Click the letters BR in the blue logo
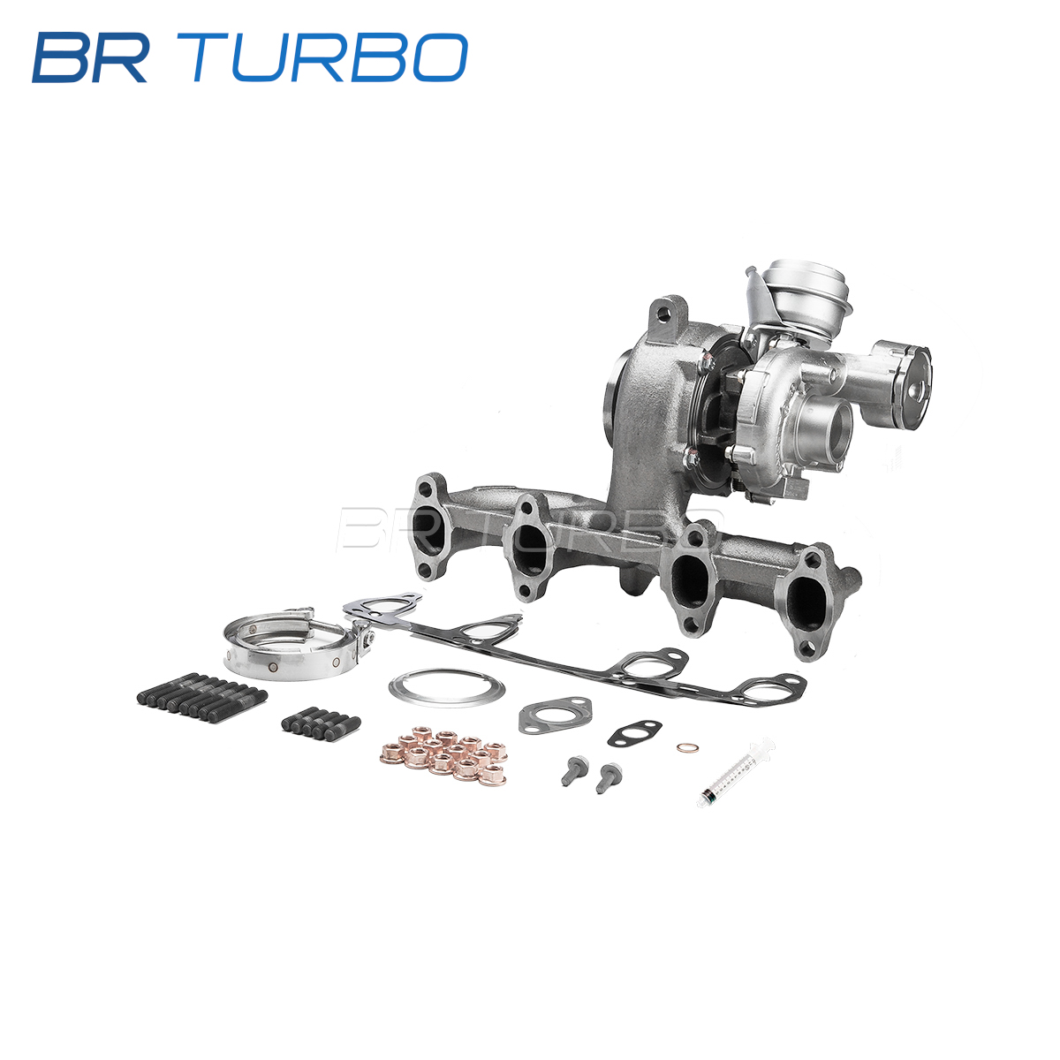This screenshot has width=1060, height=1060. coord(90,57)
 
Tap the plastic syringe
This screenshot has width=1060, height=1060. coord(736,772)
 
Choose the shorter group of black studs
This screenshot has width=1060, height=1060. coord(322,724)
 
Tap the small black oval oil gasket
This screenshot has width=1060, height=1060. coord(634,732)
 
